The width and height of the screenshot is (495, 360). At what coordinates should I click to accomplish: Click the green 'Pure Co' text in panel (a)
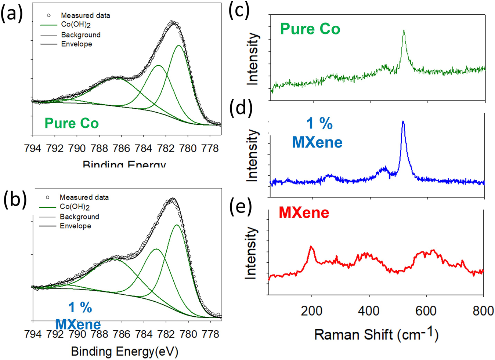72,123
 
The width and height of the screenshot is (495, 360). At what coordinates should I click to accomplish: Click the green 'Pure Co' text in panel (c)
310,29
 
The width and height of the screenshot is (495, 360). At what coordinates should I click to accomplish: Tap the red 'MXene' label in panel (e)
304,213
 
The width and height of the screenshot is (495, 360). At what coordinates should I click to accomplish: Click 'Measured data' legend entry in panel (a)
85,15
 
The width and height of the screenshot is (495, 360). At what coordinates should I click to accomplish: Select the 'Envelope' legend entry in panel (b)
75,226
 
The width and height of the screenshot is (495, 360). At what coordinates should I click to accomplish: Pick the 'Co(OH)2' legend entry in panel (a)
76,25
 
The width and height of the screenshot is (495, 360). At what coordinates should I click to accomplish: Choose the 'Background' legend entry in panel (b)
79,217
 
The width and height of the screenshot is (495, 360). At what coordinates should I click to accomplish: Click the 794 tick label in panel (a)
32,149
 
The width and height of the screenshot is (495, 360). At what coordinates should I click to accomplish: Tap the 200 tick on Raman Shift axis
311,311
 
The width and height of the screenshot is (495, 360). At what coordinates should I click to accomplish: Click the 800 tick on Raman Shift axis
483,311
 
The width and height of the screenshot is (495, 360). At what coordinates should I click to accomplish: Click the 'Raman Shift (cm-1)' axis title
376,334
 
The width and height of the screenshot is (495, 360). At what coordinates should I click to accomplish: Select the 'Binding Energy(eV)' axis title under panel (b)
124,351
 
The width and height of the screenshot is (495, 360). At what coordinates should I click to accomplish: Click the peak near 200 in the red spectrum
311,247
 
